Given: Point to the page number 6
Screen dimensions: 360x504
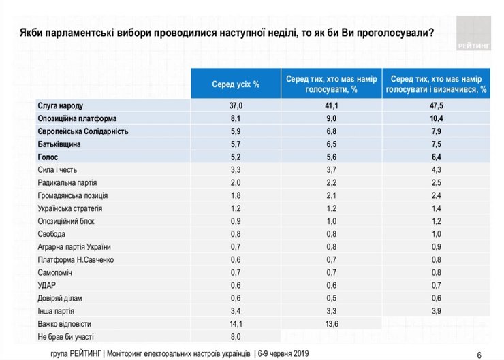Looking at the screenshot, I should click(479, 354).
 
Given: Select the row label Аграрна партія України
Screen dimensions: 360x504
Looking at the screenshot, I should click(74, 246).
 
